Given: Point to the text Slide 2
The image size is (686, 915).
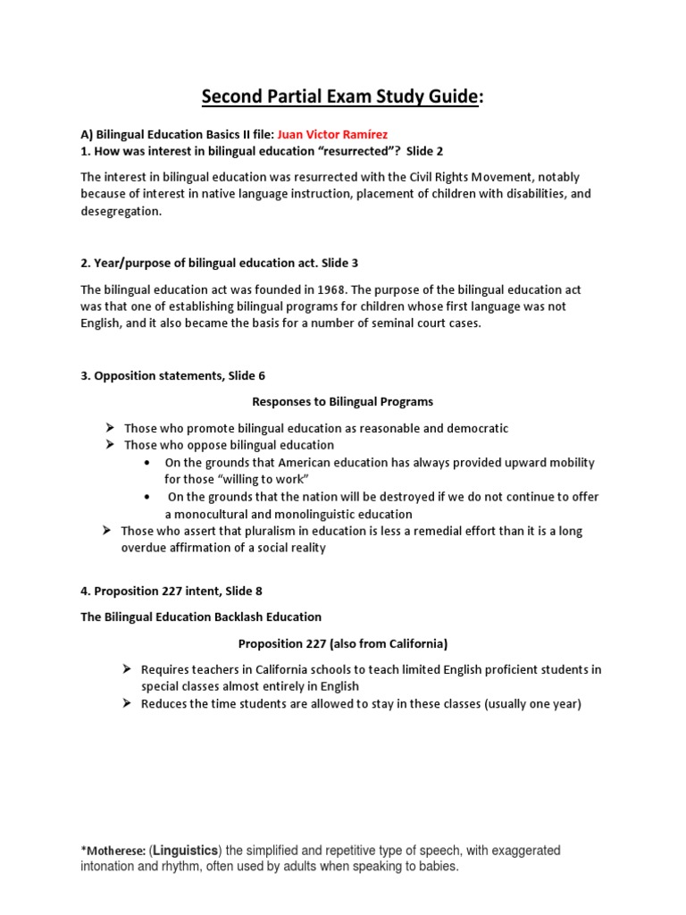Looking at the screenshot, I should point(428,150).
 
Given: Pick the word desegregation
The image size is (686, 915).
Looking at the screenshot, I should point(121,212).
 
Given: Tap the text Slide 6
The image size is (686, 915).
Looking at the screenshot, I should point(240,375).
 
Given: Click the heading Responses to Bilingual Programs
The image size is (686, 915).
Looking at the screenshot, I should point(343,401).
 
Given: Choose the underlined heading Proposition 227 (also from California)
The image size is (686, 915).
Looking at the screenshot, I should point(343,642).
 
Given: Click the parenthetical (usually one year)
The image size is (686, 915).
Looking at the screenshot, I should point(525,703).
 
